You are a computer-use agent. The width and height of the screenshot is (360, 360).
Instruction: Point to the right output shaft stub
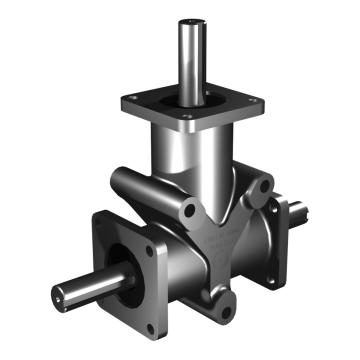pyautogui.click(x=299, y=209)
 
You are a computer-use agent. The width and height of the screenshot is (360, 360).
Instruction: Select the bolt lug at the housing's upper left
pyautogui.click(x=189, y=211)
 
